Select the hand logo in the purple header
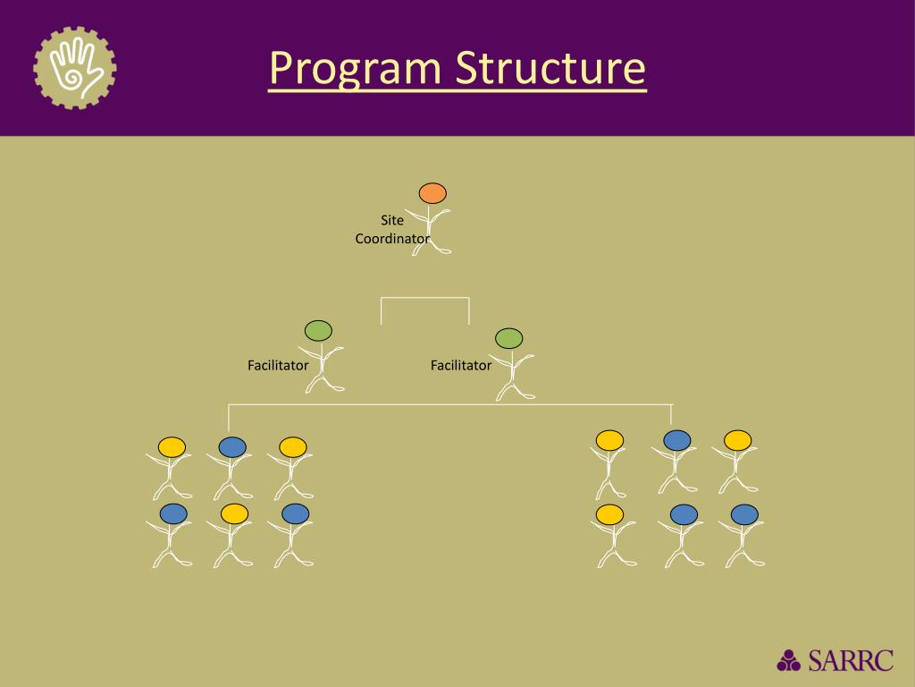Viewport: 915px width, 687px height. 75,68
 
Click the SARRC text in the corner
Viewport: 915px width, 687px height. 850,660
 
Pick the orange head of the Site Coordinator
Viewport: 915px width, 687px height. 432,193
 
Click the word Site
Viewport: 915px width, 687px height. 392,220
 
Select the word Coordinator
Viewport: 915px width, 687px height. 392,239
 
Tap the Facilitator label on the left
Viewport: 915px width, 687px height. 278,365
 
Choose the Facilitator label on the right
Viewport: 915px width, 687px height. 461,365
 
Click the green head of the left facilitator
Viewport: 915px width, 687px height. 318,330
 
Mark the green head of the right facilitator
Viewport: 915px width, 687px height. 508,338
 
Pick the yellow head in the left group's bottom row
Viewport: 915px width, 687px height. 234,513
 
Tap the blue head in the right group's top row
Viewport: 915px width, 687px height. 676,439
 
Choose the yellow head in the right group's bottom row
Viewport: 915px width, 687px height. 609,514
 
